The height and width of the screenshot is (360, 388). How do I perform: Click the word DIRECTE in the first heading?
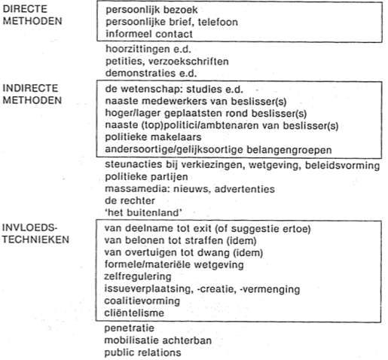pyautogui.click(x=25, y=9)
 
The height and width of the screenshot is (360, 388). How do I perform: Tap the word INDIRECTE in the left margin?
pyautogui.click(x=30, y=88)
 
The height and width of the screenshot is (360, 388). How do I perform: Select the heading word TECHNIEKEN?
pyautogui.click(x=35, y=239)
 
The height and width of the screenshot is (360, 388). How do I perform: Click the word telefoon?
pyautogui.click(x=218, y=22)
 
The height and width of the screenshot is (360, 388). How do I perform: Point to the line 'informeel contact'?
pyautogui.click(x=149, y=34)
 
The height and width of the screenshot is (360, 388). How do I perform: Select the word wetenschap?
pyautogui.click(x=151, y=89)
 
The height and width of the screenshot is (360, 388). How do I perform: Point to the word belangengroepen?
pyautogui.click(x=289, y=150)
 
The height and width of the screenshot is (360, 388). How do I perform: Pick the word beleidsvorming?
pyautogui.click(x=342, y=166)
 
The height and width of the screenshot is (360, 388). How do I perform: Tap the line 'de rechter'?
pyautogui.click(x=130, y=200)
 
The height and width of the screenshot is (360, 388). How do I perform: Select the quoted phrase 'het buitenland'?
pyautogui.click(x=143, y=212)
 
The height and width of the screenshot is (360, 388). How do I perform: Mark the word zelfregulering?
pyautogui.click(x=138, y=276)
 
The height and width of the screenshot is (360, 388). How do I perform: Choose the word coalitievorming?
pyautogui.click(x=142, y=301)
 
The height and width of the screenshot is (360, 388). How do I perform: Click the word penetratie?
pyautogui.click(x=130, y=328)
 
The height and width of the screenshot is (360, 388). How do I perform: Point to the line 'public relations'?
pyautogui.click(x=142, y=352)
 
